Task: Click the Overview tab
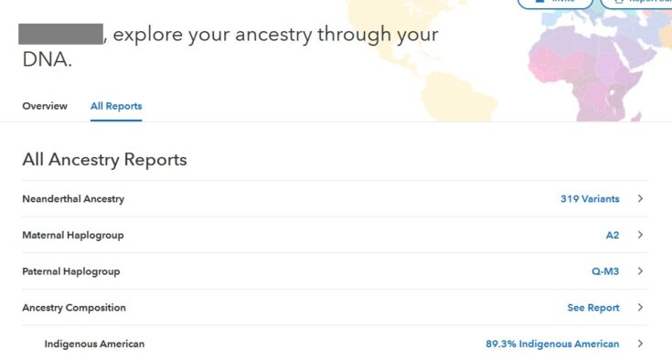click(x=45, y=106)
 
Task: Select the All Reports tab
click(x=116, y=106)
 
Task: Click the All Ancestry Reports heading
click(x=104, y=160)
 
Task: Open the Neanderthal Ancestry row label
click(x=73, y=198)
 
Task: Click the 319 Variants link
click(x=590, y=198)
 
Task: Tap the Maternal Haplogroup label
click(x=73, y=235)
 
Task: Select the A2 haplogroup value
click(x=613, y=235)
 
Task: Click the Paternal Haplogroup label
click(x=71, y=271)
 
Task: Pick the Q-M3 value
click(x=605, y=271)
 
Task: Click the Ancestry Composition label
click(x=74, y=308)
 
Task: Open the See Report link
click(x=593, y=308)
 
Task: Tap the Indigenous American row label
click(x=94, y=344)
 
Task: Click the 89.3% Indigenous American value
click(x=552, y=344)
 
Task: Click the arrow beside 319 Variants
click(x=641, y=198)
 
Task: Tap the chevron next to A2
click(x=641, y=235)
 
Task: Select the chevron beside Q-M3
click(x=641, y=271)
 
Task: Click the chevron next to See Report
click(x=641, y=308)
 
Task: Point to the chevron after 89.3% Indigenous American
click(x=641, y=344)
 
